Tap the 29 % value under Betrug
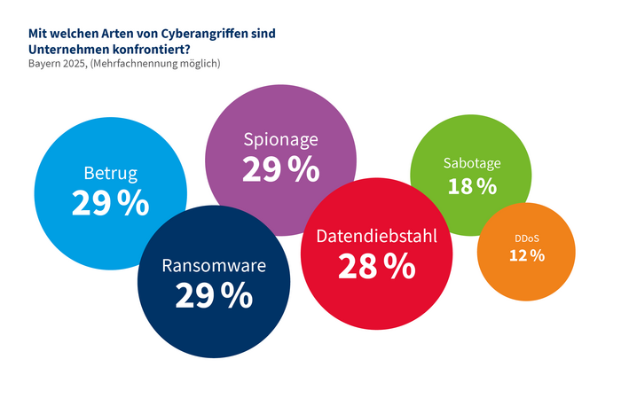111,203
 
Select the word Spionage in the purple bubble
280,139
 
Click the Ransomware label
215,265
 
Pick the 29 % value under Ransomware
214,296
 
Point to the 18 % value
472,185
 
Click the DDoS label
526,238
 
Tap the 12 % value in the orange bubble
526,255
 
